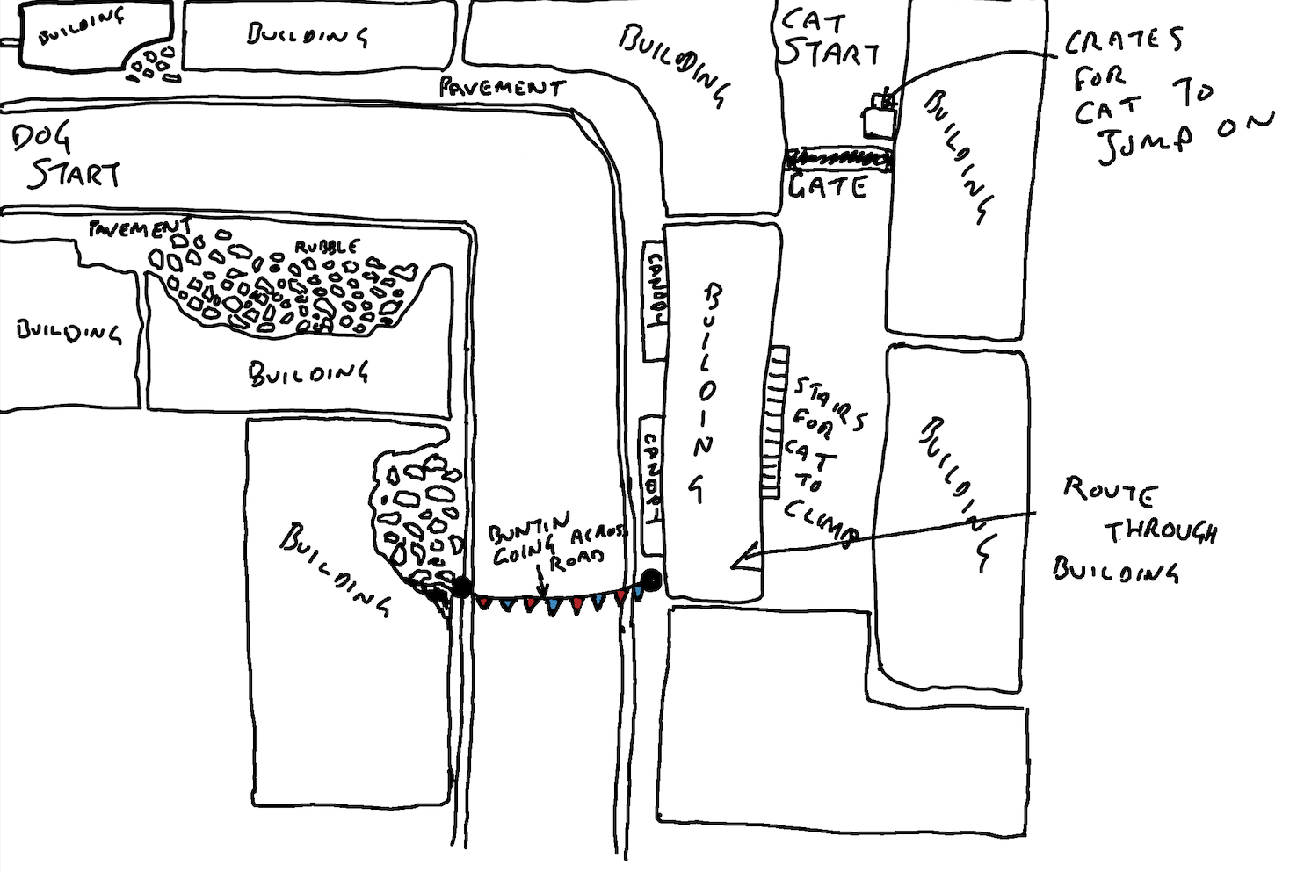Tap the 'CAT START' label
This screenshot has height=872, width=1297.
[x=828, y=40]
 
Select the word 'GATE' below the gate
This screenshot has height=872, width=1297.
[x=828, y=186]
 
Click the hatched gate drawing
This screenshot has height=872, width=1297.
[x=839, y=160]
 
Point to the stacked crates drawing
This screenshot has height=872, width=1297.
[x=880, y=114]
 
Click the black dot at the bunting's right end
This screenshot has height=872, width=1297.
[x=651, y=579]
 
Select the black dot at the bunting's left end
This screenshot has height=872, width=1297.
[x=461, y=587]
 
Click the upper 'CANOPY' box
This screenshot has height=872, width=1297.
[x=654, y=301]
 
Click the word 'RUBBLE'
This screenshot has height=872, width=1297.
[x=326, y=247]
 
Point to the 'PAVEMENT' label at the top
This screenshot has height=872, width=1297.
[x=501, y=87]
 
